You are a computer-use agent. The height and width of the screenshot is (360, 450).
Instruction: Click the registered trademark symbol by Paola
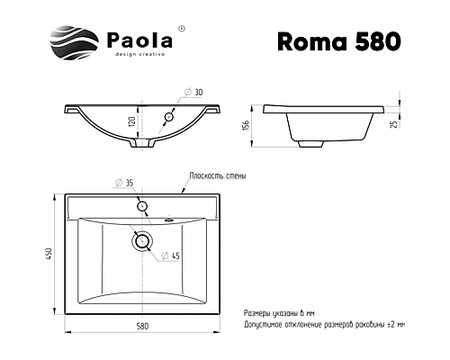click(x=183, y=29)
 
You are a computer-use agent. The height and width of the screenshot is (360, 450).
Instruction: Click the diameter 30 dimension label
click(x=194, y=92)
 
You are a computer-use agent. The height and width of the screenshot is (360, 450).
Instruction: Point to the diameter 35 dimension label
click(x=126, y=184)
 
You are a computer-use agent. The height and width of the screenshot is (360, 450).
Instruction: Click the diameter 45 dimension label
click(x=174, y=256)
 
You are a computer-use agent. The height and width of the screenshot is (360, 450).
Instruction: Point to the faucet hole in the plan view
click(x=141, y=207)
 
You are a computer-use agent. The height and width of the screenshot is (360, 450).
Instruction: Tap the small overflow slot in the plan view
click(x=171, y=217)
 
